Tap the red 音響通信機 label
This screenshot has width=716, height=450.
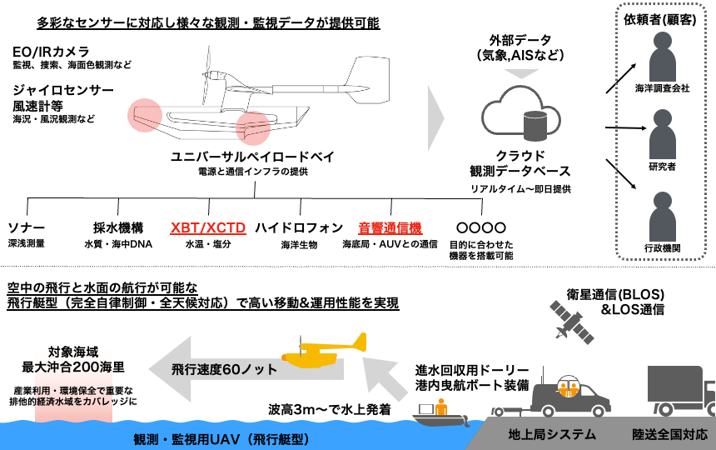390,227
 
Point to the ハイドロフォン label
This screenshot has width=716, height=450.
288,227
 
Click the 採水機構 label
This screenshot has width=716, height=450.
118,227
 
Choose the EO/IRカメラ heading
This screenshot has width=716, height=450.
51,50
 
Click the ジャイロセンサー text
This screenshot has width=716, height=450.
63,88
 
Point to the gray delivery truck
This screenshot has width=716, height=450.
679,392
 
